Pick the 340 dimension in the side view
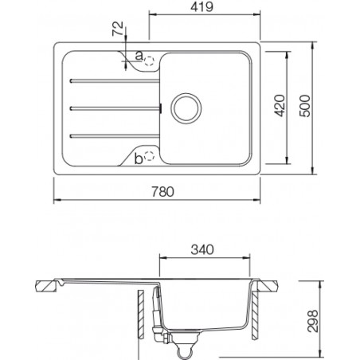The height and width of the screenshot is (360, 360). coord(205,249)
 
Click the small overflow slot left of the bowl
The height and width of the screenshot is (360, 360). coord(162,108)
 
